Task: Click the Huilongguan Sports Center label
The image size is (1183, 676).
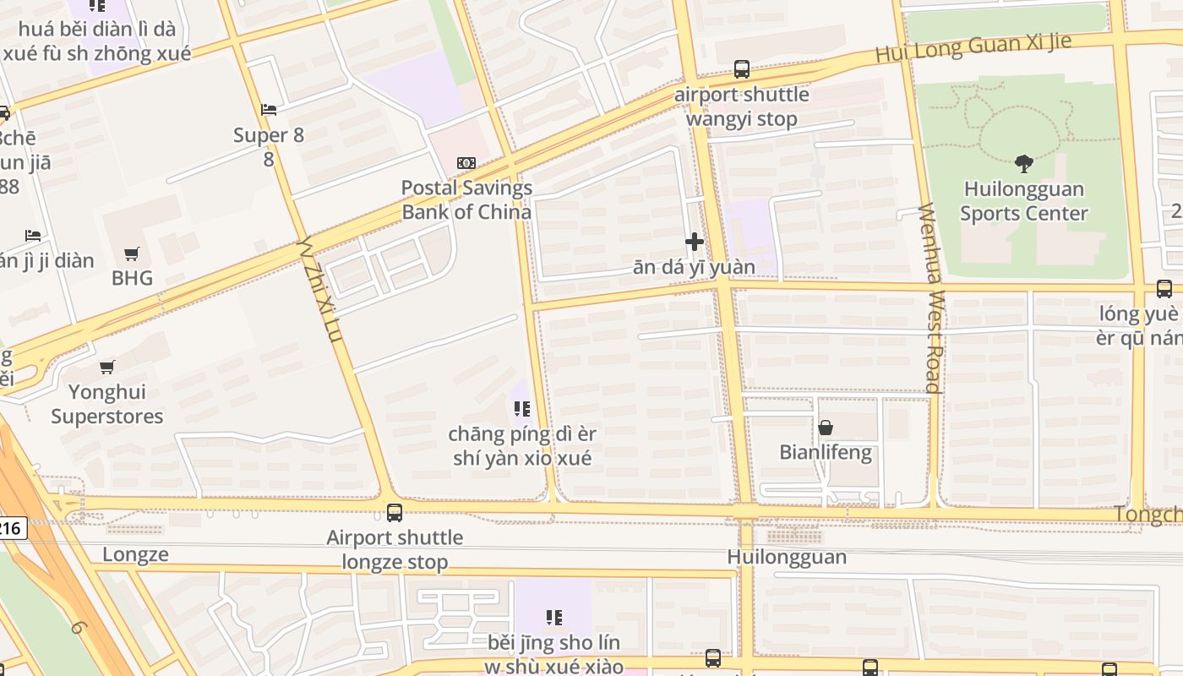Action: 1023,201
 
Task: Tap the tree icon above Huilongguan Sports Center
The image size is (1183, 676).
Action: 1023,163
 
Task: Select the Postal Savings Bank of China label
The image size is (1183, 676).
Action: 466,199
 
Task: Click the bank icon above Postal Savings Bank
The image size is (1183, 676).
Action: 466,163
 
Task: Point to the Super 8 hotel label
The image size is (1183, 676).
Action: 268,145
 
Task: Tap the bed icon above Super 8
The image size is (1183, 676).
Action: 269,110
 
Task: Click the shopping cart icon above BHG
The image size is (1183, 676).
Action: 132,253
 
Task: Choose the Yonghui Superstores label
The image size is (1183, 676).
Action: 107,404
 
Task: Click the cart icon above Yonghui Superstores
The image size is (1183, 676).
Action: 107,368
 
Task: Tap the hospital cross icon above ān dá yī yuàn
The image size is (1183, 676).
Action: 695,243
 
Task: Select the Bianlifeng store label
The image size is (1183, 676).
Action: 825,452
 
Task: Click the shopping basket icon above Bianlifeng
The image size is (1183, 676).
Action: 826,428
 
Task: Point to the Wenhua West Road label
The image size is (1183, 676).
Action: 931,297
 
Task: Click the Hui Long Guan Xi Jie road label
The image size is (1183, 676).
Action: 973,47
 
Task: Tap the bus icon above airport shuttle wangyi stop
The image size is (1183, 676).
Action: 742,69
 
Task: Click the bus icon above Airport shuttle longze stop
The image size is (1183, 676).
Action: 395,513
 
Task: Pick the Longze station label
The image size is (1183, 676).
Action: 135,554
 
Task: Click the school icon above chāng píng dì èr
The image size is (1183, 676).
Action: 522,410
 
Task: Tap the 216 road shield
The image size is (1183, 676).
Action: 11,529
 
